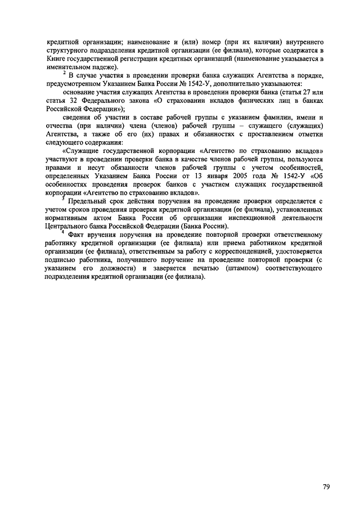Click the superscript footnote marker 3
tap(64, 197)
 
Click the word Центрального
tap(67, 227)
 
